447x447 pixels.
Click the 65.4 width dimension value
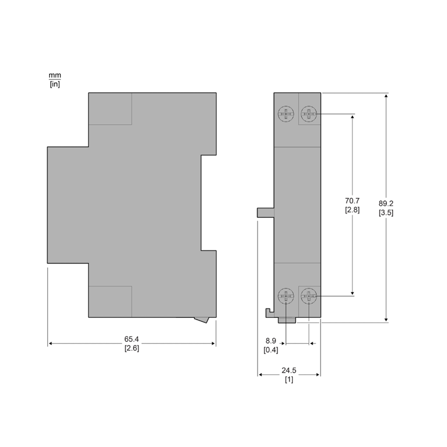(131, 339)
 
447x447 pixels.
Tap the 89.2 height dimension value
(386, 203)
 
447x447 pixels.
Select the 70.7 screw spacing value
(353, 201)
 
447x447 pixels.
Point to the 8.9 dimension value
(271, 341)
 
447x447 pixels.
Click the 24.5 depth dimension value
(289, 370)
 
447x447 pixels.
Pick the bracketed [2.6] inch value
(132, 348)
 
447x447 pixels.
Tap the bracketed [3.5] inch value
(386, 213)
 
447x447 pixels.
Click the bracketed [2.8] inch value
(353, 210)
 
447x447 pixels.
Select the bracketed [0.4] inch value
(271, 350)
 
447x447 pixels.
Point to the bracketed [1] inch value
(289, 379)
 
